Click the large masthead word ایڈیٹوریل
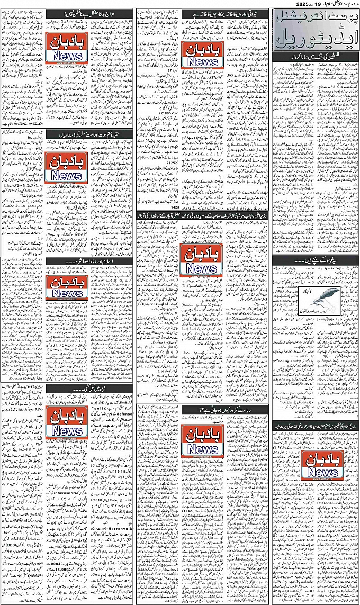(x=316, y=38)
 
